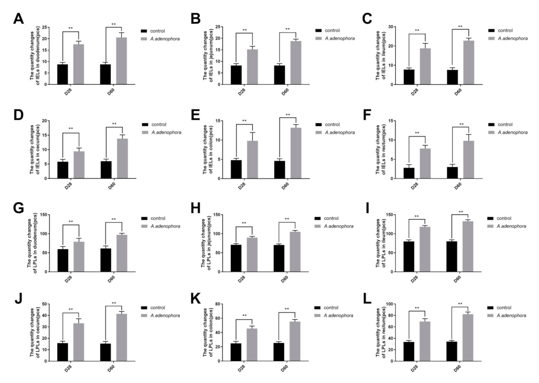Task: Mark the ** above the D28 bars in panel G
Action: (x=71, y=222)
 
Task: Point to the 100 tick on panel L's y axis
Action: (x=396, y=304)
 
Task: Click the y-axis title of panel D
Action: (x=35, y=150)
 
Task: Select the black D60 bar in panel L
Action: (x=452, y=351)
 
